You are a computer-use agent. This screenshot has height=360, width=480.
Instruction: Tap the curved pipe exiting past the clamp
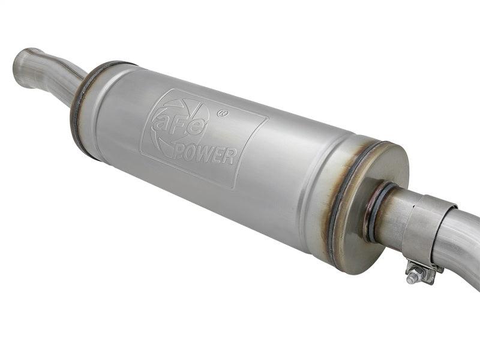tap(462, 240)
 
